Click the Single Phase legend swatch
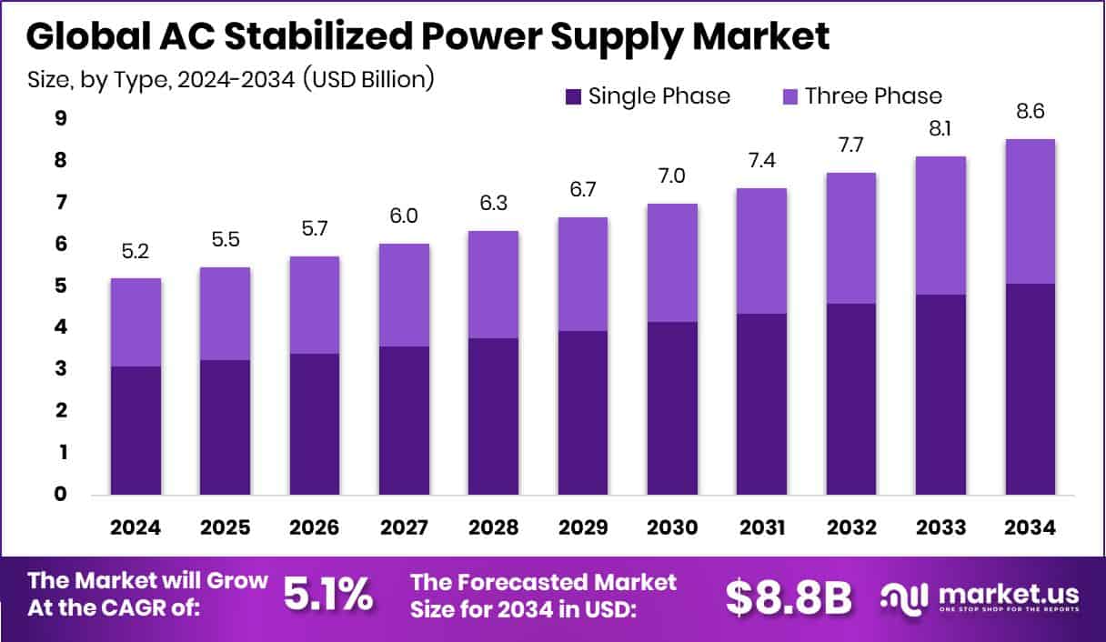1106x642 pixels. (575, 96)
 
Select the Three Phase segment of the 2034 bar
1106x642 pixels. (1030, 211)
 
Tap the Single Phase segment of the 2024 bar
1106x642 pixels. (136, 430)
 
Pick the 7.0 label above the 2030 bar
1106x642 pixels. (672, 177)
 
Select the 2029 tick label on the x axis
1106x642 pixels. (583, 528)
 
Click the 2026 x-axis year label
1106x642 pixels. (315, 528)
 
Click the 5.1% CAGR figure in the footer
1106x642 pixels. (327, 596)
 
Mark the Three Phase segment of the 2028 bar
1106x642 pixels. (493, 285)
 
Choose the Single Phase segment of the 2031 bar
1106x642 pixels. (761, 404)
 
